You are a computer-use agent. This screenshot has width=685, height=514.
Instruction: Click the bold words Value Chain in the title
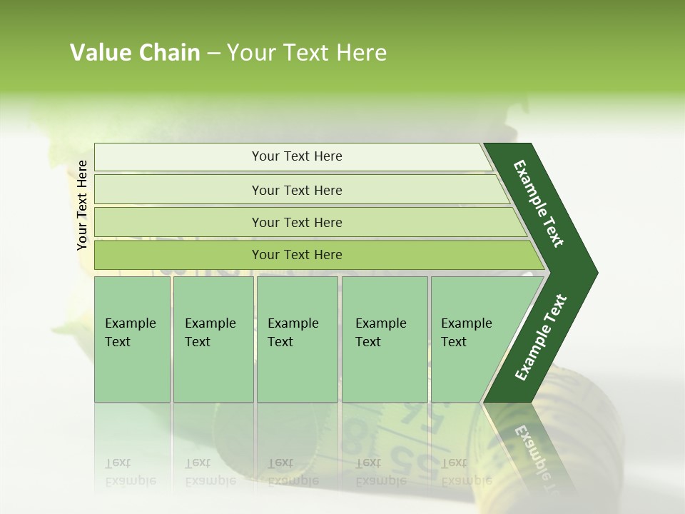(135, 53)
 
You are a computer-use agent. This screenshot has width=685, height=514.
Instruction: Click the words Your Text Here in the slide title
(307, 53)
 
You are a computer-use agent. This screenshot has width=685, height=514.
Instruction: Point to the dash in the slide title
(213, 54)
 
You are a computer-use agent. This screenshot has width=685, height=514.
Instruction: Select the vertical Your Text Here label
(82, 205)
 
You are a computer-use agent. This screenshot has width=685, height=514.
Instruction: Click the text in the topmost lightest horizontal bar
(297, 156)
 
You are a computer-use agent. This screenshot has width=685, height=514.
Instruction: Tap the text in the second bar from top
(297, 191)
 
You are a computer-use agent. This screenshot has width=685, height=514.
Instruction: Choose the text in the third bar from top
(297, 223)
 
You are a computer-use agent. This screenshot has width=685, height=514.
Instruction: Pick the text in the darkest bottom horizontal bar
(297, 255)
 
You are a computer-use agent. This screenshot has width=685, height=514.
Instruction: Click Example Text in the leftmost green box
(130, 333)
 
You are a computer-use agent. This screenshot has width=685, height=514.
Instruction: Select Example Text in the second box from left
(210, 333)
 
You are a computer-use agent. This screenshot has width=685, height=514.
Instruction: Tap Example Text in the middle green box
(293, 333)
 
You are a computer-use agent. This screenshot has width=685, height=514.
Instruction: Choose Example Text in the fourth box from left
(380, 333)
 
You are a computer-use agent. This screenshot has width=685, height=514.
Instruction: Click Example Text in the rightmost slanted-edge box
(466, 333)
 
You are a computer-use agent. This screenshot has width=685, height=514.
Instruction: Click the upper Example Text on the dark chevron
(539, 203)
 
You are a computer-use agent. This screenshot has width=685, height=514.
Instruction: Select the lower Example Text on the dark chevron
(541, 338)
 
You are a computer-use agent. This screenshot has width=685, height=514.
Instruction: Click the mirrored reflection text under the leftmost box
(130, 472)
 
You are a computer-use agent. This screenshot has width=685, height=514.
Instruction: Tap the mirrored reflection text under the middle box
(293, 472)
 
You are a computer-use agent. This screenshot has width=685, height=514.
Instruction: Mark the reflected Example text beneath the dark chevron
(535, 453)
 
